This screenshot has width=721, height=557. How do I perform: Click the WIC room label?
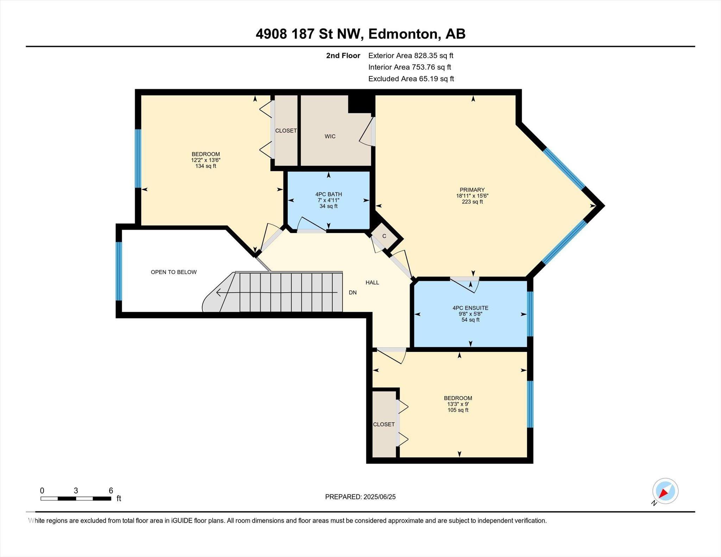330,137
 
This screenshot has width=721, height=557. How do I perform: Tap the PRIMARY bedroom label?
472,190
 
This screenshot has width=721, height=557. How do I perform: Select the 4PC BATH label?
328,194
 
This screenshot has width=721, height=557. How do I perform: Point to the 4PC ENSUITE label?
470,308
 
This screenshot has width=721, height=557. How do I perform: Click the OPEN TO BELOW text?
174,272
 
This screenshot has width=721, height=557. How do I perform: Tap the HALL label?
372,283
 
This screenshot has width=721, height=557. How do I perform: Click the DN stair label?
352,292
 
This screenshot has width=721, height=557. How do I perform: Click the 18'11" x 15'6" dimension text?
472,196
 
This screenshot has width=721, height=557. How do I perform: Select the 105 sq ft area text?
458,410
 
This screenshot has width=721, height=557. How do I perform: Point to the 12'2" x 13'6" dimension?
206,160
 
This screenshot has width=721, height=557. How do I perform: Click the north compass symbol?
665,491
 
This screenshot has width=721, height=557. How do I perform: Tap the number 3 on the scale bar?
76,490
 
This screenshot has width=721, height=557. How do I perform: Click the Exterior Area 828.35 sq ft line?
410,56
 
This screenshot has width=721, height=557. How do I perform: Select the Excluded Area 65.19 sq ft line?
411,79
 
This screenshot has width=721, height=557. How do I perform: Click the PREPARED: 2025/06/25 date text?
360,497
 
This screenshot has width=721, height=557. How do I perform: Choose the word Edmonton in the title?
403,34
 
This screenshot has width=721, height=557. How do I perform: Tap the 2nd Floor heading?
343,56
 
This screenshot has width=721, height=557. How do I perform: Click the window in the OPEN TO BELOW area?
119,271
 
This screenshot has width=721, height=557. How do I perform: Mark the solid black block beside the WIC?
360,104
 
